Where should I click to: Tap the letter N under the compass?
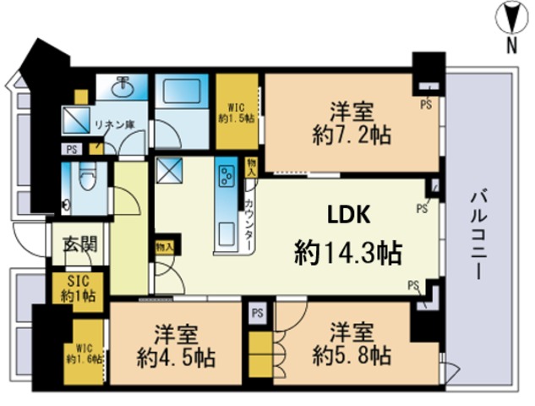pyautogui.click(x=511, y=45)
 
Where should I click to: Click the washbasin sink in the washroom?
pyautogui.click(x=122, y=87)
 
